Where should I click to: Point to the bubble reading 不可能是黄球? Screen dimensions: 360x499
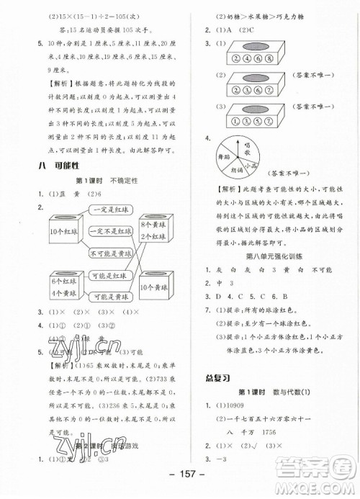click(x=112, y=254)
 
